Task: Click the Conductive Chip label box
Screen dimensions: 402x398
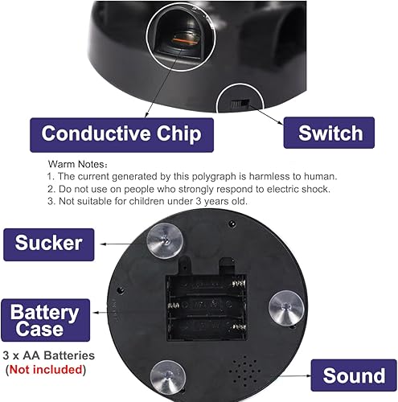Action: [121, 133]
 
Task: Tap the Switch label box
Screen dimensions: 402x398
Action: [329, 132]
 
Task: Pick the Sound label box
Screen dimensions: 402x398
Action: [354, 375]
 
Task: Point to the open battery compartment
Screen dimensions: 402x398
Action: [205, 306]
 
